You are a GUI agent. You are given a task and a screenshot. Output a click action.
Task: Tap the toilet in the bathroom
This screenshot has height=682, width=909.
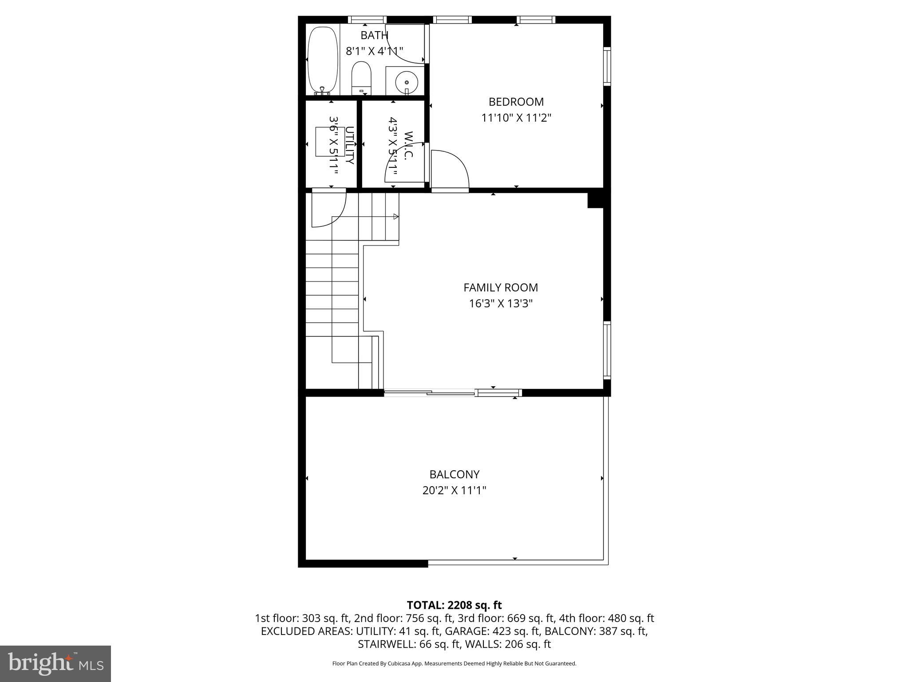tap(361, 77)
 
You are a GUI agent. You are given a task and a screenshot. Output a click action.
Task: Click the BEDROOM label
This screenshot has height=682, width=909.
tap(516, 102)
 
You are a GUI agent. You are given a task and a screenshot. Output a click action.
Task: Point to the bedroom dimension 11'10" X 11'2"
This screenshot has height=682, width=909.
tap(516, 118)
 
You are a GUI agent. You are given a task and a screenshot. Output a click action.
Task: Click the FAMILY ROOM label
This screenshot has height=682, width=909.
tap(501, 288)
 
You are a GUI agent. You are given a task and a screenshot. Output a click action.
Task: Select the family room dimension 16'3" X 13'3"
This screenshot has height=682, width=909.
tap(501, 304)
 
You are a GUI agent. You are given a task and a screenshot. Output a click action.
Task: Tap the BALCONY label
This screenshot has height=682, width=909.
tap(454, 475)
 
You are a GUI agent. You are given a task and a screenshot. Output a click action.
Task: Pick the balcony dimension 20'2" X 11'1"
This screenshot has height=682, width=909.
tap(454, 491)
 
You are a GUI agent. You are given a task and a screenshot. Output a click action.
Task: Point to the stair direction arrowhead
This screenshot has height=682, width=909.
tap(396, 217)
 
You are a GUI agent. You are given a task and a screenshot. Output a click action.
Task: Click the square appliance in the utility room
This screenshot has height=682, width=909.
tap(330, 142)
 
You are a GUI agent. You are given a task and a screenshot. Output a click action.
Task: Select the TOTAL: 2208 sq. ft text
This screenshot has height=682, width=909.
tap(454, 605)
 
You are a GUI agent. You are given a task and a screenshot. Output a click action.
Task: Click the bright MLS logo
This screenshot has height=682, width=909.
tap(55, 663)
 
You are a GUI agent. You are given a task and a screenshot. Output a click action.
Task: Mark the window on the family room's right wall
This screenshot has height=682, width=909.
tap(607, 350)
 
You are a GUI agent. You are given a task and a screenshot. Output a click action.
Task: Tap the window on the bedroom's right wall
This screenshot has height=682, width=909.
tap(607, 66)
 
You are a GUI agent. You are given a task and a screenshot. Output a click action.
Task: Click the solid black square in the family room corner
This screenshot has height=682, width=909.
tap(595, 200)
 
